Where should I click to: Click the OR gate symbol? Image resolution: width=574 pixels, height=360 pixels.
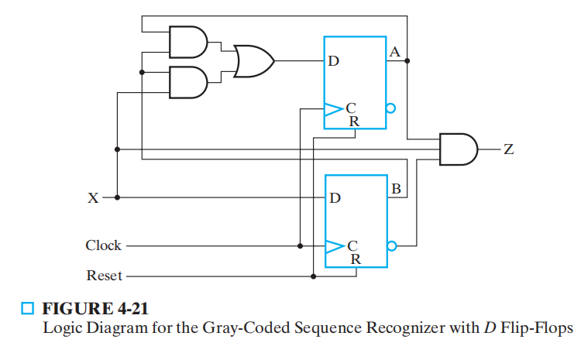click(253, 60)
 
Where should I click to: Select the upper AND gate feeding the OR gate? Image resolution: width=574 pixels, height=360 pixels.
click(188, 42)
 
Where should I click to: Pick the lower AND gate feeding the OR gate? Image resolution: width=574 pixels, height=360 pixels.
click(188, 80)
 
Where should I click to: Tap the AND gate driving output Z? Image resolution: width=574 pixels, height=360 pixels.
click(458, 149)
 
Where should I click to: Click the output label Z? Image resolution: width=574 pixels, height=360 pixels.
click(508, 149)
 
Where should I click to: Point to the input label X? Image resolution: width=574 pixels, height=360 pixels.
click(93, 197)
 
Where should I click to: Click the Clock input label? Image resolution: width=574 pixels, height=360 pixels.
click(103, 245)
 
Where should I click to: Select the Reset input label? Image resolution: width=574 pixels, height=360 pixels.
click(104, 275)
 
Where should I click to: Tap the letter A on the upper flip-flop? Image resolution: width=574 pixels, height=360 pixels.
click(395, 53)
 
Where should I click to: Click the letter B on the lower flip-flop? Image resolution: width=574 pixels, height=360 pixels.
click(395, 188)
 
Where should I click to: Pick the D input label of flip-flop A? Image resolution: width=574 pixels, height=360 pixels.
click(333, 61)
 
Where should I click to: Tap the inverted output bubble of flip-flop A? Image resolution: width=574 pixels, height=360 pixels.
click(391, 109)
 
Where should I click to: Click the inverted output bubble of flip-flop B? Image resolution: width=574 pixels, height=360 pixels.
click(391, 246)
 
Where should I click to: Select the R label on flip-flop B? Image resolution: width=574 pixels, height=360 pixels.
click(355, 259)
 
